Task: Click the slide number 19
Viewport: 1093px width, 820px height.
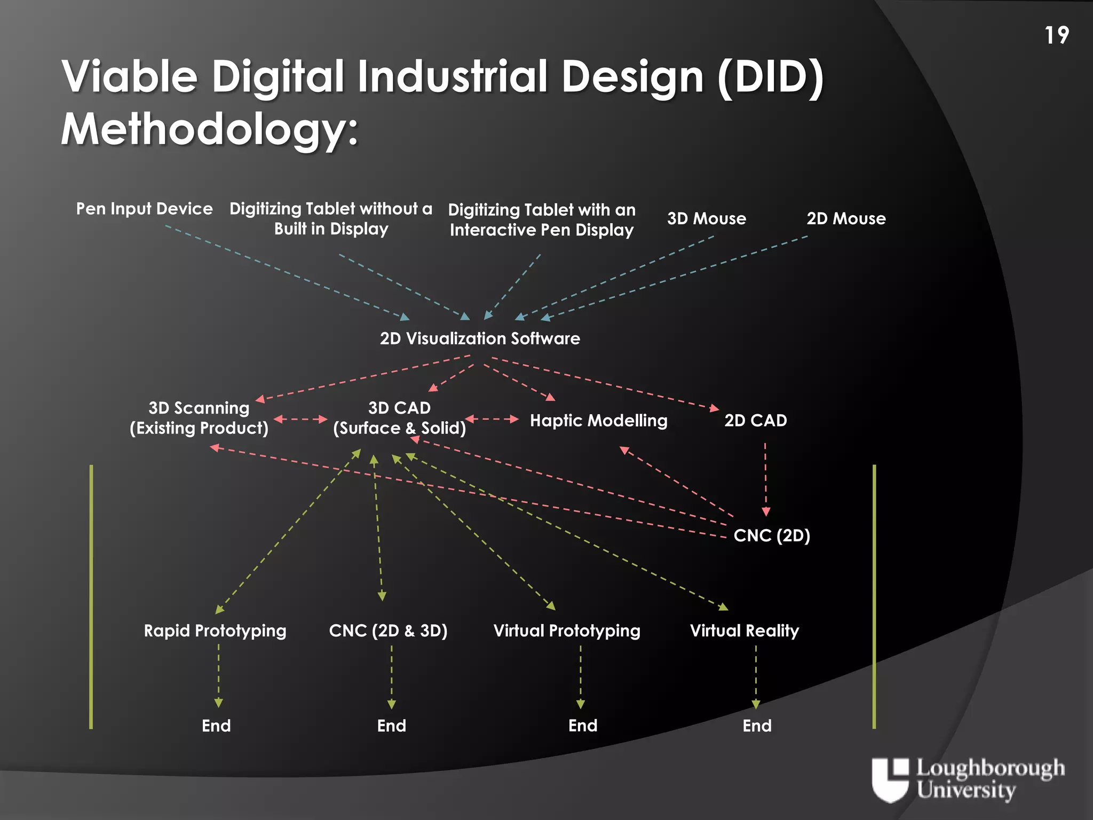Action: [x=1057, y=36]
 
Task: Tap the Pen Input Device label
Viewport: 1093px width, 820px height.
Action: [x=144, y=209]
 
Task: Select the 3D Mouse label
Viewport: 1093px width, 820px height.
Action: [x=707, y=218]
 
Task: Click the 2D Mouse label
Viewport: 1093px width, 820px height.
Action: [x=846, y=218]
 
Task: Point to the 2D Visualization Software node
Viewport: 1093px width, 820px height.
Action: [x=480, y=338]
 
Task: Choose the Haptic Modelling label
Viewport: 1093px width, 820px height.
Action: [x=598, y=421]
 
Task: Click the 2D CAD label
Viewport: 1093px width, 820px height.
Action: [x=755, y=421]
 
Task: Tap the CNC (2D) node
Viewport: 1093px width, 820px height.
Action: [x=772, y=535]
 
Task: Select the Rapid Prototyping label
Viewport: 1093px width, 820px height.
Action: [x=215, y=631]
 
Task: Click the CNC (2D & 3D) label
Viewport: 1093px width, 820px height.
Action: [x=388, y=631]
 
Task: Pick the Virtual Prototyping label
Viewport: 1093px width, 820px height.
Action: [x=567, y=631]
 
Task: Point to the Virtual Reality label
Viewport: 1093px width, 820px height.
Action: [x=744, y=631]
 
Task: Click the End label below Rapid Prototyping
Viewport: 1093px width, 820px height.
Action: [x=216, y=726]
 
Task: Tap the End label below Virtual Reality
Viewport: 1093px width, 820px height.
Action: [x=757, y=726]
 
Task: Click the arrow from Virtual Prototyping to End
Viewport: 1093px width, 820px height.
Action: [x=581, y=676]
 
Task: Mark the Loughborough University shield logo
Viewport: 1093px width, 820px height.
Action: [x=890, y=779]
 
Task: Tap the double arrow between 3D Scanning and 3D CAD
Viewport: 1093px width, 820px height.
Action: [x=300, y=419]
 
